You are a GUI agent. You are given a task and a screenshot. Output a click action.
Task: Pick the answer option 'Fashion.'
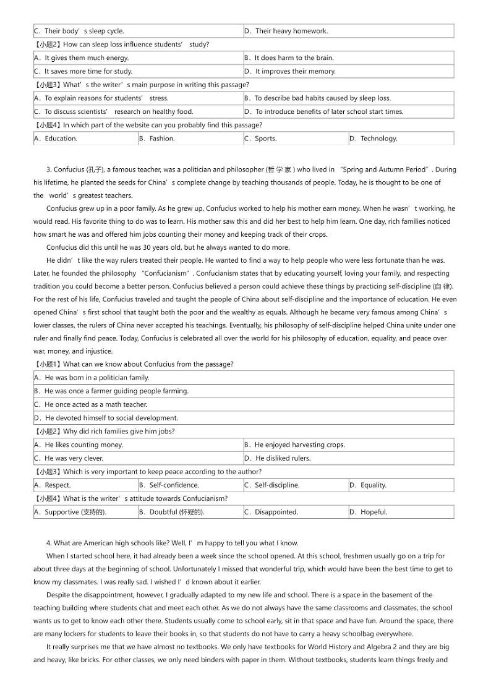(x=162, y=139)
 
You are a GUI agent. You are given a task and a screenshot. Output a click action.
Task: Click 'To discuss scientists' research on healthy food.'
(x=119, y=112)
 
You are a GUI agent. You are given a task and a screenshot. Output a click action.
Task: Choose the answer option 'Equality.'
(x=373, y=485)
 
